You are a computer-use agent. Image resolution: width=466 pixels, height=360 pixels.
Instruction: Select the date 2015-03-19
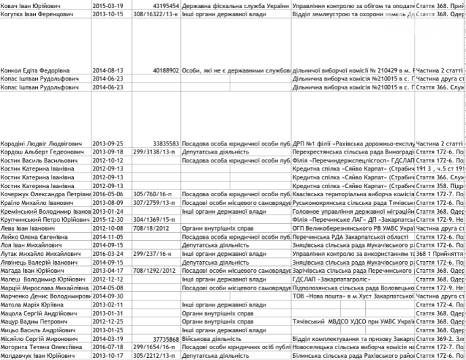pyautogui.click(x=108, y=5)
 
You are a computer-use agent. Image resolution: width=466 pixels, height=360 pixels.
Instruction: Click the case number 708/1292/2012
pyautogui.click(x=156, y=270)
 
